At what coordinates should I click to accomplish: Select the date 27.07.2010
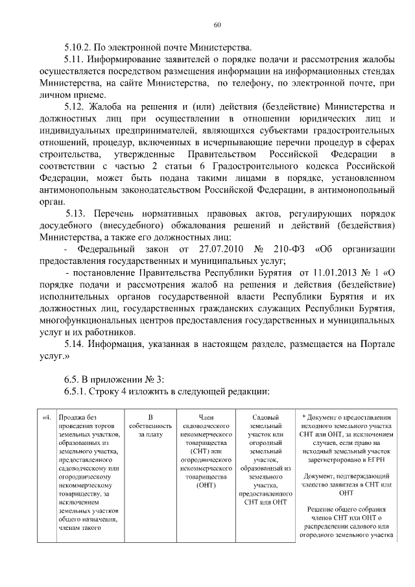pos(214,249)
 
